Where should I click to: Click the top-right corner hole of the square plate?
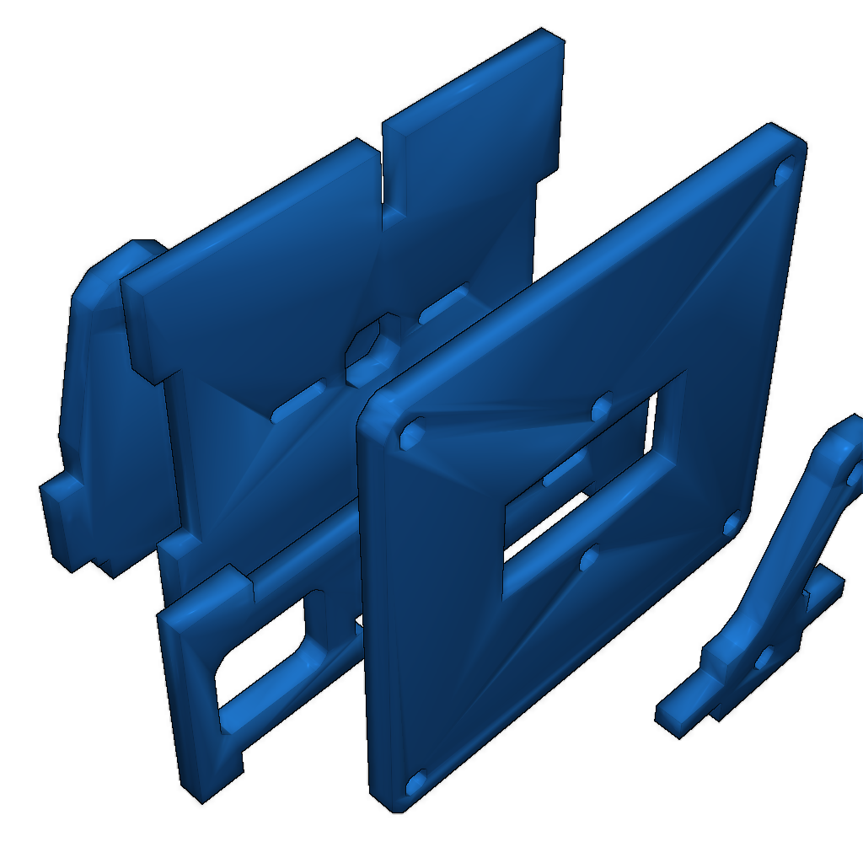[x=784, y=172]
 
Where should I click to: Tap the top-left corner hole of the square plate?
[x=411, y=433]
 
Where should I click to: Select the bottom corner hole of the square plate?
[x=416, y=784]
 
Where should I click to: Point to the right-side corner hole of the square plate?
[x=732, y=524]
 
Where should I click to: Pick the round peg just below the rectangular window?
[x=590, y=557]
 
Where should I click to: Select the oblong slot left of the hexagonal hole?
[x=299, y=401]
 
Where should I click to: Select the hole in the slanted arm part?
[x=765, y=656]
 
